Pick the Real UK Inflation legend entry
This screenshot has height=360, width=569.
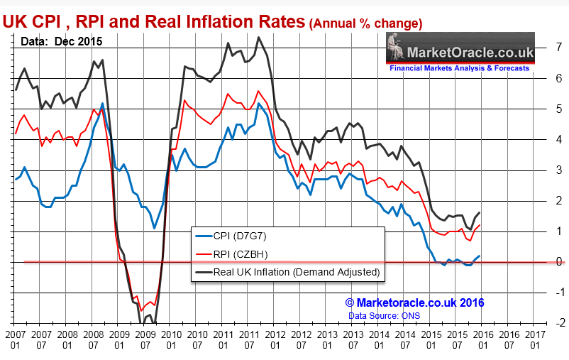(x=287, y=272)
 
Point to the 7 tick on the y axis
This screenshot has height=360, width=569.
(x=560, y=48)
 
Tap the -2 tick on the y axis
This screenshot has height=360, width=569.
(x=558, y=323)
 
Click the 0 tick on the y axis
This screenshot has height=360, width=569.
(x=560, y=262)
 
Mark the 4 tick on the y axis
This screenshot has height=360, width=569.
(x=560, y=139)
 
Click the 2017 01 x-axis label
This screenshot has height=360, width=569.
(x=535, y=337)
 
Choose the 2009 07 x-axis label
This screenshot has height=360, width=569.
(x=145, y=337)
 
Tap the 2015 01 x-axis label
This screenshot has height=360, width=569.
(x=431, y=337)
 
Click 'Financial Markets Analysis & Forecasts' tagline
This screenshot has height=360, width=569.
(x=459, y=68)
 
